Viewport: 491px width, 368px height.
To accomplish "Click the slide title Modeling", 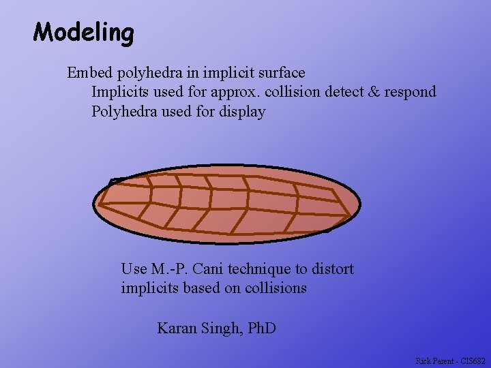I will pyautogui.click(x=84, y=32).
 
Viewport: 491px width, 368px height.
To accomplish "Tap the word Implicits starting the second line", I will pyautogui.click(x=118, y=92).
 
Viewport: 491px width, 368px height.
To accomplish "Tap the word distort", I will pyautogui.click(x=332, y=269).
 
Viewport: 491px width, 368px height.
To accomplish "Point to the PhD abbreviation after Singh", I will pyautogui.click(x=261, y=328).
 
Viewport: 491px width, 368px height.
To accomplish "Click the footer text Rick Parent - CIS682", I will pyautogui.click(x=450, y=361).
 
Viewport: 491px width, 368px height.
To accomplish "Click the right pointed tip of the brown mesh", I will pyautogui.click(x=352, y=217).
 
